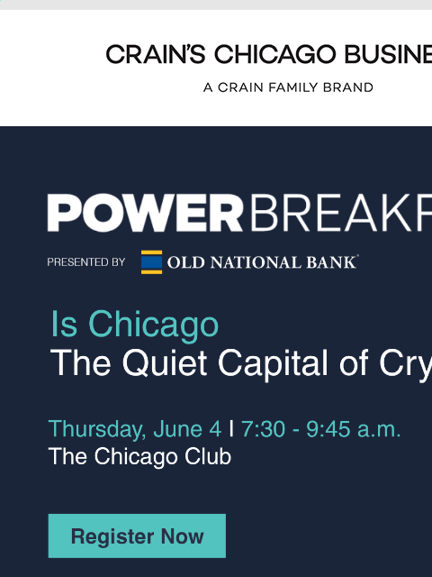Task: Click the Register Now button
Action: tap(137, 536)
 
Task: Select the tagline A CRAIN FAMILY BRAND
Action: tap(288, 88)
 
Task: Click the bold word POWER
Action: tap(145, 214)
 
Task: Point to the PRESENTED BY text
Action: tap(86, 262)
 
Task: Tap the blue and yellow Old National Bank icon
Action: tap(152, 262)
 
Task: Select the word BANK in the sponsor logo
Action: tap(333, 263)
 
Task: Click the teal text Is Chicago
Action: tap(135, 325)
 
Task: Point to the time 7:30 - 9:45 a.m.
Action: tap(320, 428)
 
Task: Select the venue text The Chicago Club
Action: tap(140, 457)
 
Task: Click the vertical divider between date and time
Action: tap(231, 428)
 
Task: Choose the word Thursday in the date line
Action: tap(92, 428)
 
